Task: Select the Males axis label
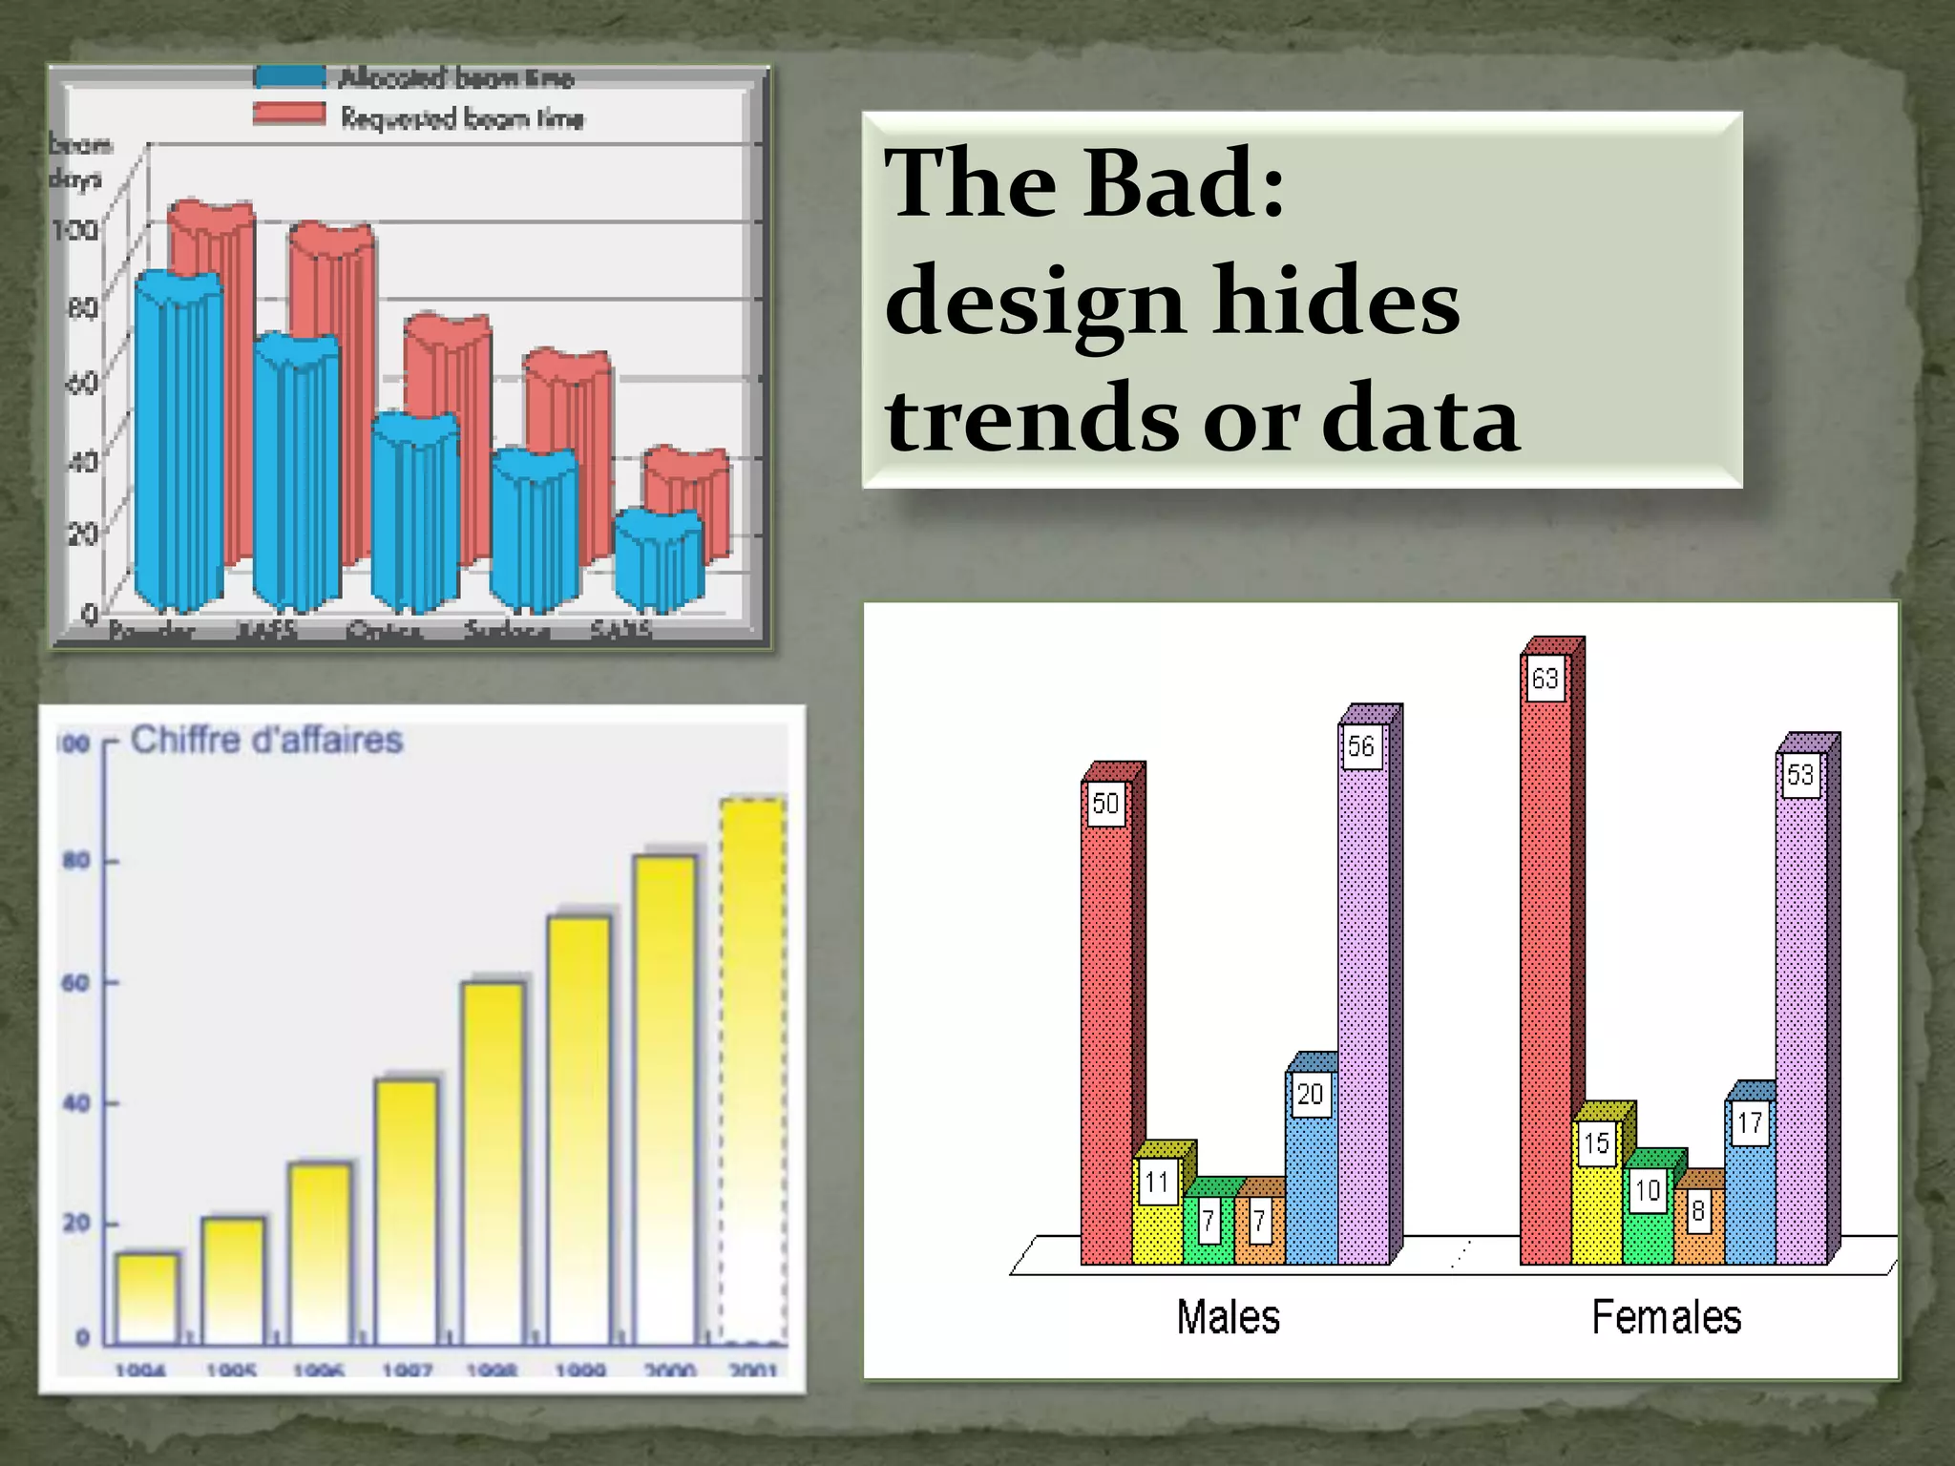(x=1228, y=1318)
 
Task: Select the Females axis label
(x=1666, y=1318)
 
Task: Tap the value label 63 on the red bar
(x=1545, y=679)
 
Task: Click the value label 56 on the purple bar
(x=1361, y=745)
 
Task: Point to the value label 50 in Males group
(x=1105, y=804)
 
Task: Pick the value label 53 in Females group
(x=1800, y=774)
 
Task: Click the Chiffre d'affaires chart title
(x=266, y=740)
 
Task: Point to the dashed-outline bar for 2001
(x=753, y=1069)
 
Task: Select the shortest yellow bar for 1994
(x=147, y=1298)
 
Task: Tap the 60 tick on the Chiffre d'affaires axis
(x=76, y=982)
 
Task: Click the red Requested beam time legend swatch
(x=289, y=115)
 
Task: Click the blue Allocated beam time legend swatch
(x=289, y=76)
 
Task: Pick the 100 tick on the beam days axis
(x=74, y=229)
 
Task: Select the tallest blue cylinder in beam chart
(x=179, y=439)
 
